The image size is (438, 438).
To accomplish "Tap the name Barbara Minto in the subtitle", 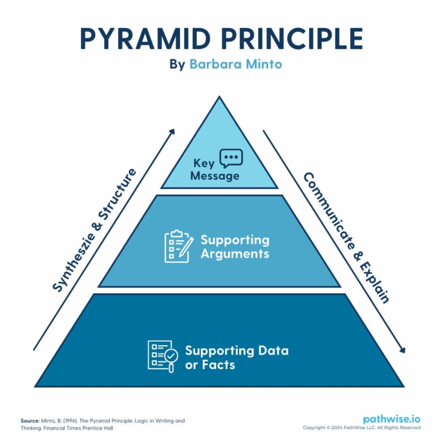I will tap(236, 64).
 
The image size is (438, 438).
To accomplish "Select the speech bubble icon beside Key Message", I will tap(231, 158).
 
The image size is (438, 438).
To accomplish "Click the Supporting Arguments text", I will tap(235, 246).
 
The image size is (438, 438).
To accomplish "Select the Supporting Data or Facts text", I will tap(236, 358).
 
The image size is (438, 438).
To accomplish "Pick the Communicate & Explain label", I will tap(345, 238).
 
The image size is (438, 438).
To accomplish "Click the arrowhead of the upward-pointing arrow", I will tap(172, 131).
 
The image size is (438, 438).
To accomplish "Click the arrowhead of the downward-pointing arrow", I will tap(403, 350).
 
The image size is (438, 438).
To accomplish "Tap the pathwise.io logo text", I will tap(392, 419).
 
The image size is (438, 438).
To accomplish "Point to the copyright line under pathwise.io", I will tap(362, 428).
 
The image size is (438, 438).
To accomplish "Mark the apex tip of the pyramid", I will tap(219, 98).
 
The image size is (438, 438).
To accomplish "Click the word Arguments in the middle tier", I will tap(235, 253).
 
